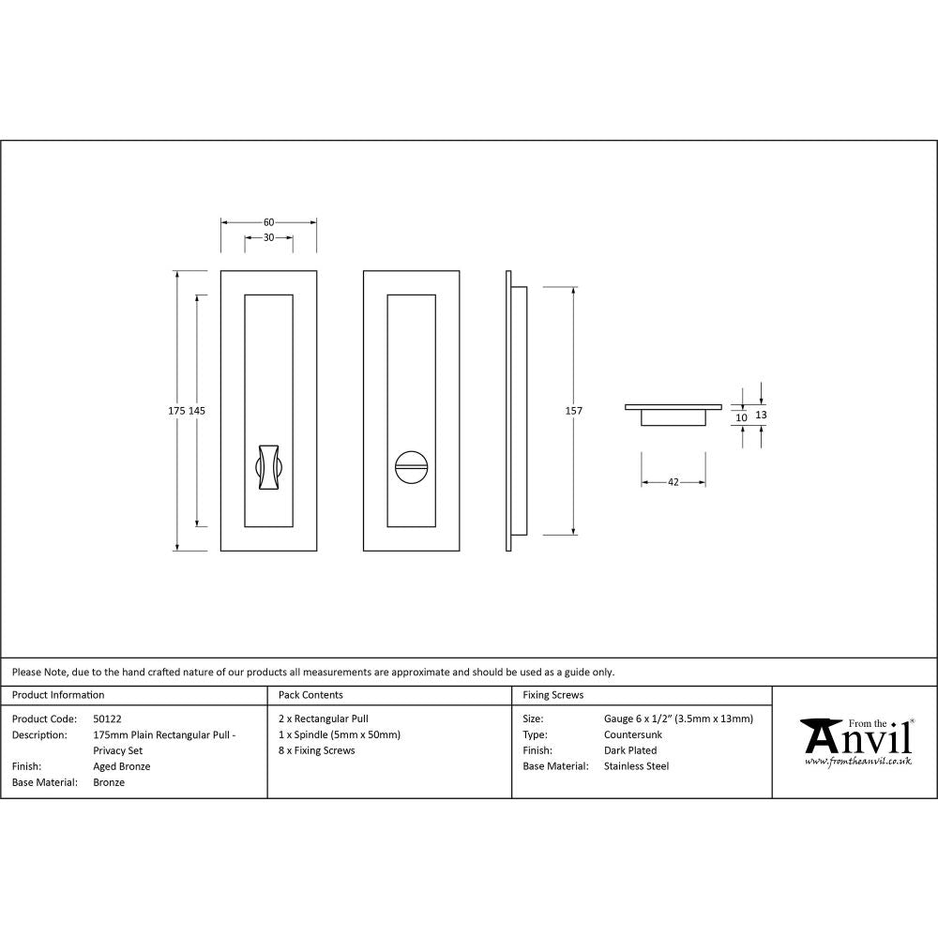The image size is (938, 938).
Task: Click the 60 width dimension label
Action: coord(268,222)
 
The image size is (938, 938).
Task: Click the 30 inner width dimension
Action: coord(268,238)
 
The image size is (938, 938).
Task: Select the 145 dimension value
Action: coord(197,411)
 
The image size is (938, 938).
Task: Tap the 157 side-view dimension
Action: coord(573,411)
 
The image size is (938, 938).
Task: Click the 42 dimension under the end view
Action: coord(673,482)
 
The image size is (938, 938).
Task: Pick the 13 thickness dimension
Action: coord(761,414)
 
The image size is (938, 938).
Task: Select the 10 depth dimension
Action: coord(741,417)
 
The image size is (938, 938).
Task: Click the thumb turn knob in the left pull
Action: coord(267,464)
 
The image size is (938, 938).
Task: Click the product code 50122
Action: coord(107,719)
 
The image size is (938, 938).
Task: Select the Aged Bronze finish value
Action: coord(122,766)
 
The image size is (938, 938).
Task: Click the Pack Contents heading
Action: coord(310,695)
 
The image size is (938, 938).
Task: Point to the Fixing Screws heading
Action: coord(552,695)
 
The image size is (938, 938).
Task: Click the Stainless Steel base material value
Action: coord(636,766)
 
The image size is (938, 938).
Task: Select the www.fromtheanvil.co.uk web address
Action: coord(858,762)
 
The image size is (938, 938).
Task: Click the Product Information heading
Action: coord(58,695)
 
